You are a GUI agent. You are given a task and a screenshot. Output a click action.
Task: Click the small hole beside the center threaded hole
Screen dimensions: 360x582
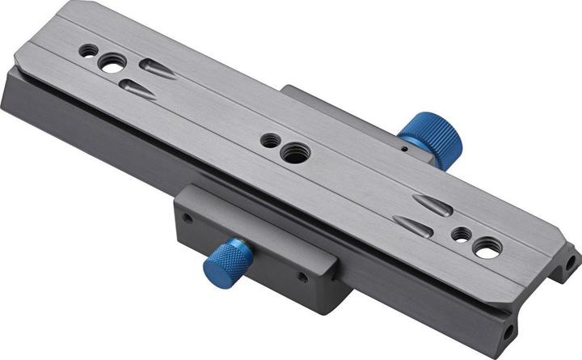tap(268, 141)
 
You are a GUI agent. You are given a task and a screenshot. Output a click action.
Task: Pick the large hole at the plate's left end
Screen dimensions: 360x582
tap(112, 61)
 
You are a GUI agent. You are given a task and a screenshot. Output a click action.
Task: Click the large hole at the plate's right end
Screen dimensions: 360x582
tap(487, 249)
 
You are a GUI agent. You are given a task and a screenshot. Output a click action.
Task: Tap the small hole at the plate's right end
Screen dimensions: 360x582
tap(461, 235)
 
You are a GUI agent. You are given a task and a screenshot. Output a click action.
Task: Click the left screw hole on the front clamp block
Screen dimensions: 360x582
tap(188, 218)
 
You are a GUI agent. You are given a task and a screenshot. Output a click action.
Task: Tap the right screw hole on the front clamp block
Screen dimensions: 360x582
tap(302, 277)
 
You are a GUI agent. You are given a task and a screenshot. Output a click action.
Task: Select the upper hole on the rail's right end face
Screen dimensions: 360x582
tap(571, 262)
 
